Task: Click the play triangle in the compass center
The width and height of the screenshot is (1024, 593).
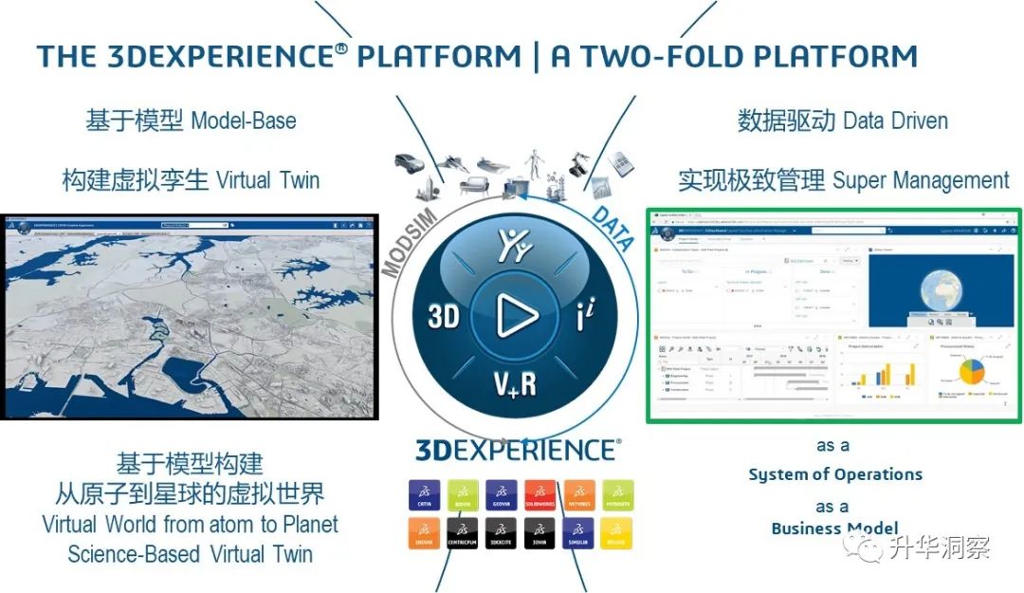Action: (518, 315)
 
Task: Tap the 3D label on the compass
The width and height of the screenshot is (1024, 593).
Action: (444, 316)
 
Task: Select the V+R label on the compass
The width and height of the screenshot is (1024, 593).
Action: (515, 384)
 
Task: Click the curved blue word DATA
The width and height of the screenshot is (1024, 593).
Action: (613, 229)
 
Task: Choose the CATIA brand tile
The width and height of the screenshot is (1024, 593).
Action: (424, 494)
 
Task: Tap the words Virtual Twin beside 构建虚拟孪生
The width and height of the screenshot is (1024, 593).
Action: (268, 179)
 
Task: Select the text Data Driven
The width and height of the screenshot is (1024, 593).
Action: (896, 120)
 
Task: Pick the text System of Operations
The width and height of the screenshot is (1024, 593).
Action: (835, 473)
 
